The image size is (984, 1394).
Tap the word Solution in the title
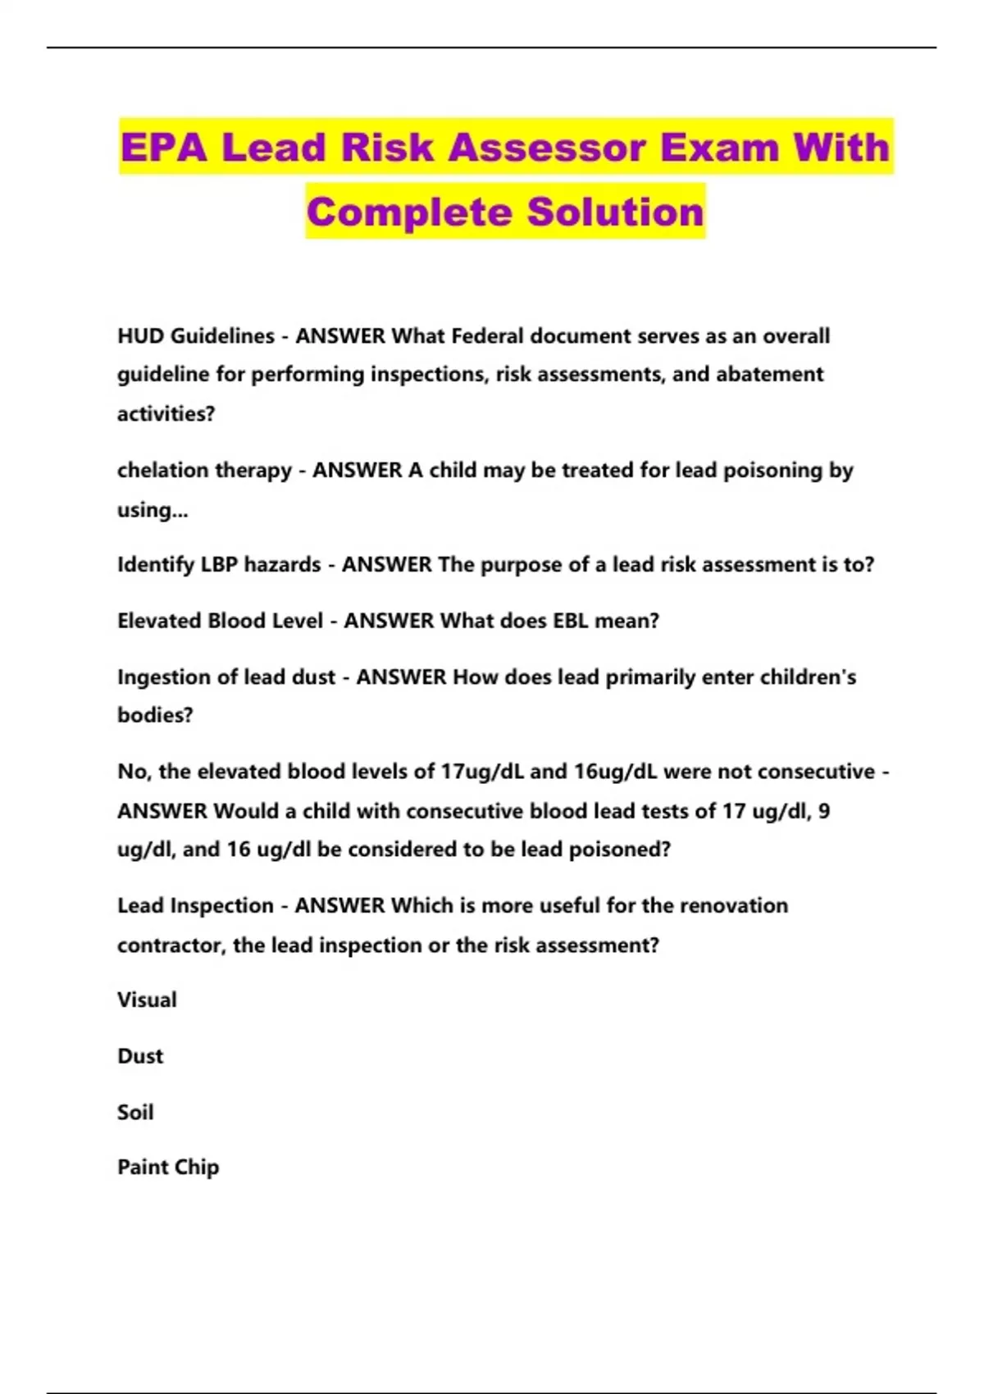coord(615,212)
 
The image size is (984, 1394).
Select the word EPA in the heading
coord(163,148)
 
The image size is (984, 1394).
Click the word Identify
coord(155,565)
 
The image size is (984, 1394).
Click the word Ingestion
coord(158,677)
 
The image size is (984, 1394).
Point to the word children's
coord(808,677)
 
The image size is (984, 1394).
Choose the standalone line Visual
coord(147,1000)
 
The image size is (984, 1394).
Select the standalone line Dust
coord(140,1056)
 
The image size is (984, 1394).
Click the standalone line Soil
coord(135,1113)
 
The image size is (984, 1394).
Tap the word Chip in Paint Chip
coord(197,1168)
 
